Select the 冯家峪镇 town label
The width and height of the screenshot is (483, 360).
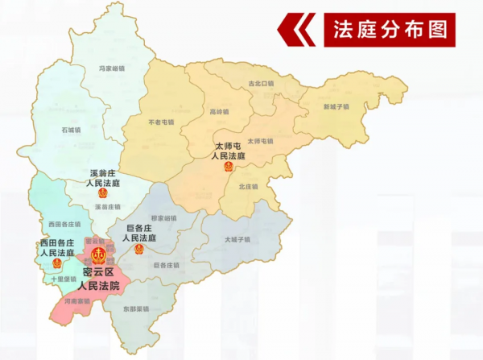coord(113,68)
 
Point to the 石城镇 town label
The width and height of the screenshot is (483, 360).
coord(71,129)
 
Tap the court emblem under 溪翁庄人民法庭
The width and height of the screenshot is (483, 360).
coord(102,193)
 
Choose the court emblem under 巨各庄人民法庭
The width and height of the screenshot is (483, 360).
coord(138,249)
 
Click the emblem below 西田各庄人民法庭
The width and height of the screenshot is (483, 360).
coord(56,263)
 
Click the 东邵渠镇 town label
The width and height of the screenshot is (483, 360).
coord(138,308)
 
